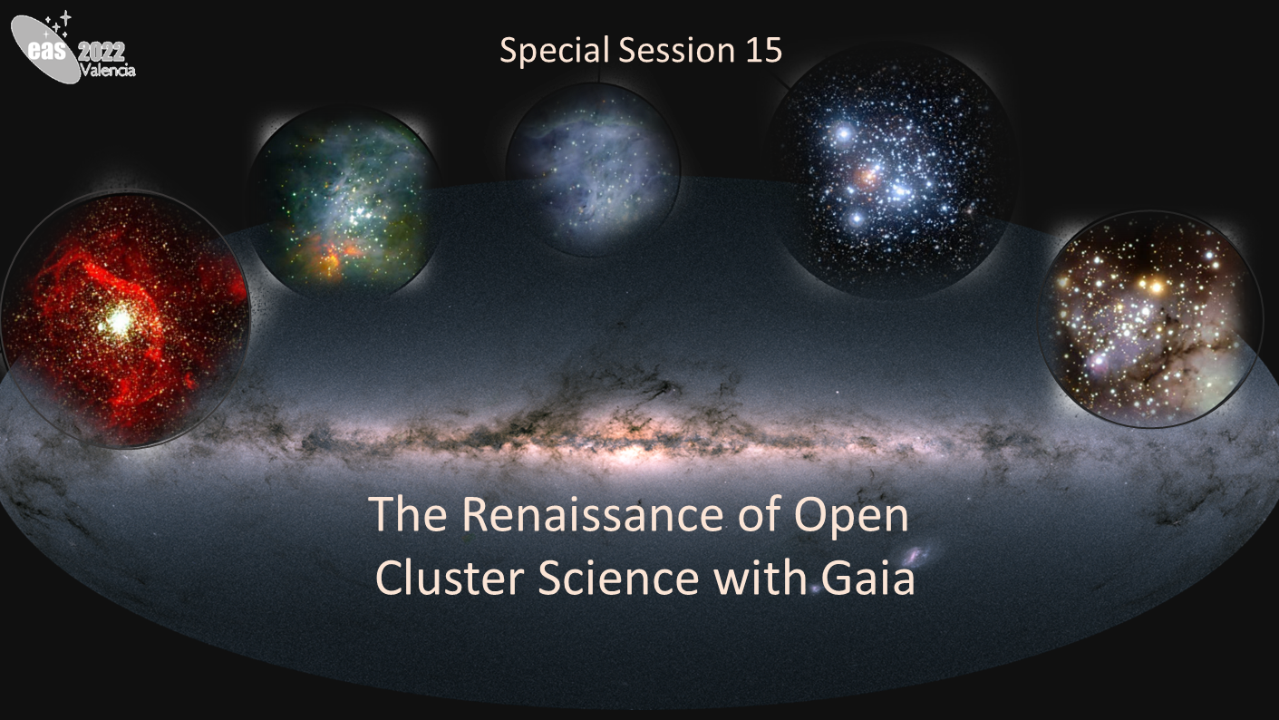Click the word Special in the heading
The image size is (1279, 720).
(555, 51)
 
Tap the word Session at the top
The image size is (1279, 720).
(676, 50)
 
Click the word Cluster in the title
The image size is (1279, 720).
(450, 579)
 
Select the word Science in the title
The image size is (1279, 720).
(618, 579)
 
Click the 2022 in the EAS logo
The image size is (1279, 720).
(101, 53)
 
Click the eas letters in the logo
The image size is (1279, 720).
(48, 51)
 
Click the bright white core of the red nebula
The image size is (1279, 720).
(119, 321)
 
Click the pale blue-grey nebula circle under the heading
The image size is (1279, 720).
(593, 170)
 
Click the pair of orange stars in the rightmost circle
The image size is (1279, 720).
(1150, 285)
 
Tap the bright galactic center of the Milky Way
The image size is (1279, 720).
(628, 453)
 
